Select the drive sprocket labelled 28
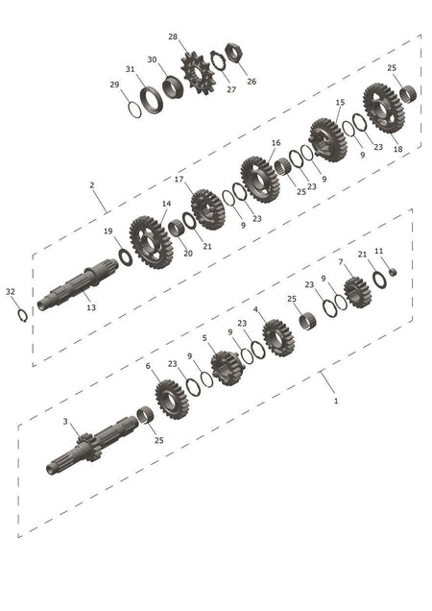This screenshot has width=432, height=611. (198, 73)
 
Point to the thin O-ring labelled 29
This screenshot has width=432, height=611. (134, 110)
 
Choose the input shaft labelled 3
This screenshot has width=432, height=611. (92, 445)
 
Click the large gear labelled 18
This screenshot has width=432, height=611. (384, 108)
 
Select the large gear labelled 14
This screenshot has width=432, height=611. (151, 242)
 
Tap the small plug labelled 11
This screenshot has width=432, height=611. (393, 272)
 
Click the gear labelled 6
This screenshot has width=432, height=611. (172, 400)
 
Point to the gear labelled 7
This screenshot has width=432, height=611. (357, 292)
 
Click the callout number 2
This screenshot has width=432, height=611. (92, 185)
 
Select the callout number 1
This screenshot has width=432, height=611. (336, 401)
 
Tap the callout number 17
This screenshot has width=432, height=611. (179, 180)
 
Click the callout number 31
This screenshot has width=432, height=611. (131, 69)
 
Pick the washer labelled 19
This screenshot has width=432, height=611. (126, 257)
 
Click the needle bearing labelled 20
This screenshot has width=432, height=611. (176, 228)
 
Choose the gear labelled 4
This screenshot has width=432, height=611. (278, 338)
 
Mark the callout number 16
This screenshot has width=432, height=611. (276, 142)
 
